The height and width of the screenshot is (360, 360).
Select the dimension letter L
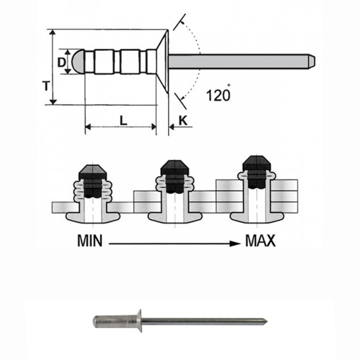[x=123, y=120]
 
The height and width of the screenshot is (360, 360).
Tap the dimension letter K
[x=183, y=120]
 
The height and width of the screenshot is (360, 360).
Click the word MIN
[x=92, y=241]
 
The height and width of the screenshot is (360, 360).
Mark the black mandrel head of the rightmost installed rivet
[x=257, y=166]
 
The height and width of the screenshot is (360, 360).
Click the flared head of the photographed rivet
[x=138, y=321]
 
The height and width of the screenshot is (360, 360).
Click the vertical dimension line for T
[x=53, y=67]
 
